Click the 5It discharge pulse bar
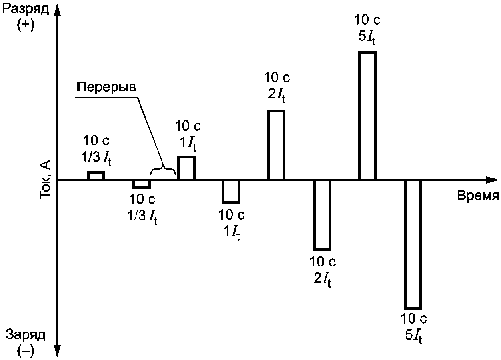coord(367,116)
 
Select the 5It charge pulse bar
coord(413,244)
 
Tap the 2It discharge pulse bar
coord(276,145)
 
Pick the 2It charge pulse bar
coord(322,215)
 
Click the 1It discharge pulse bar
coord(186,168)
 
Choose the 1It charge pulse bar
coord(231,192)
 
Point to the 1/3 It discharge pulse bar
coord(96,176)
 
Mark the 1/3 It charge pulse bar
coord(142,184)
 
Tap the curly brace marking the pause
coord(163,171)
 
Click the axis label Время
coord(478,196)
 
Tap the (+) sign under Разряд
coord(26,25)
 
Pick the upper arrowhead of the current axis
coord(58,9)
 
